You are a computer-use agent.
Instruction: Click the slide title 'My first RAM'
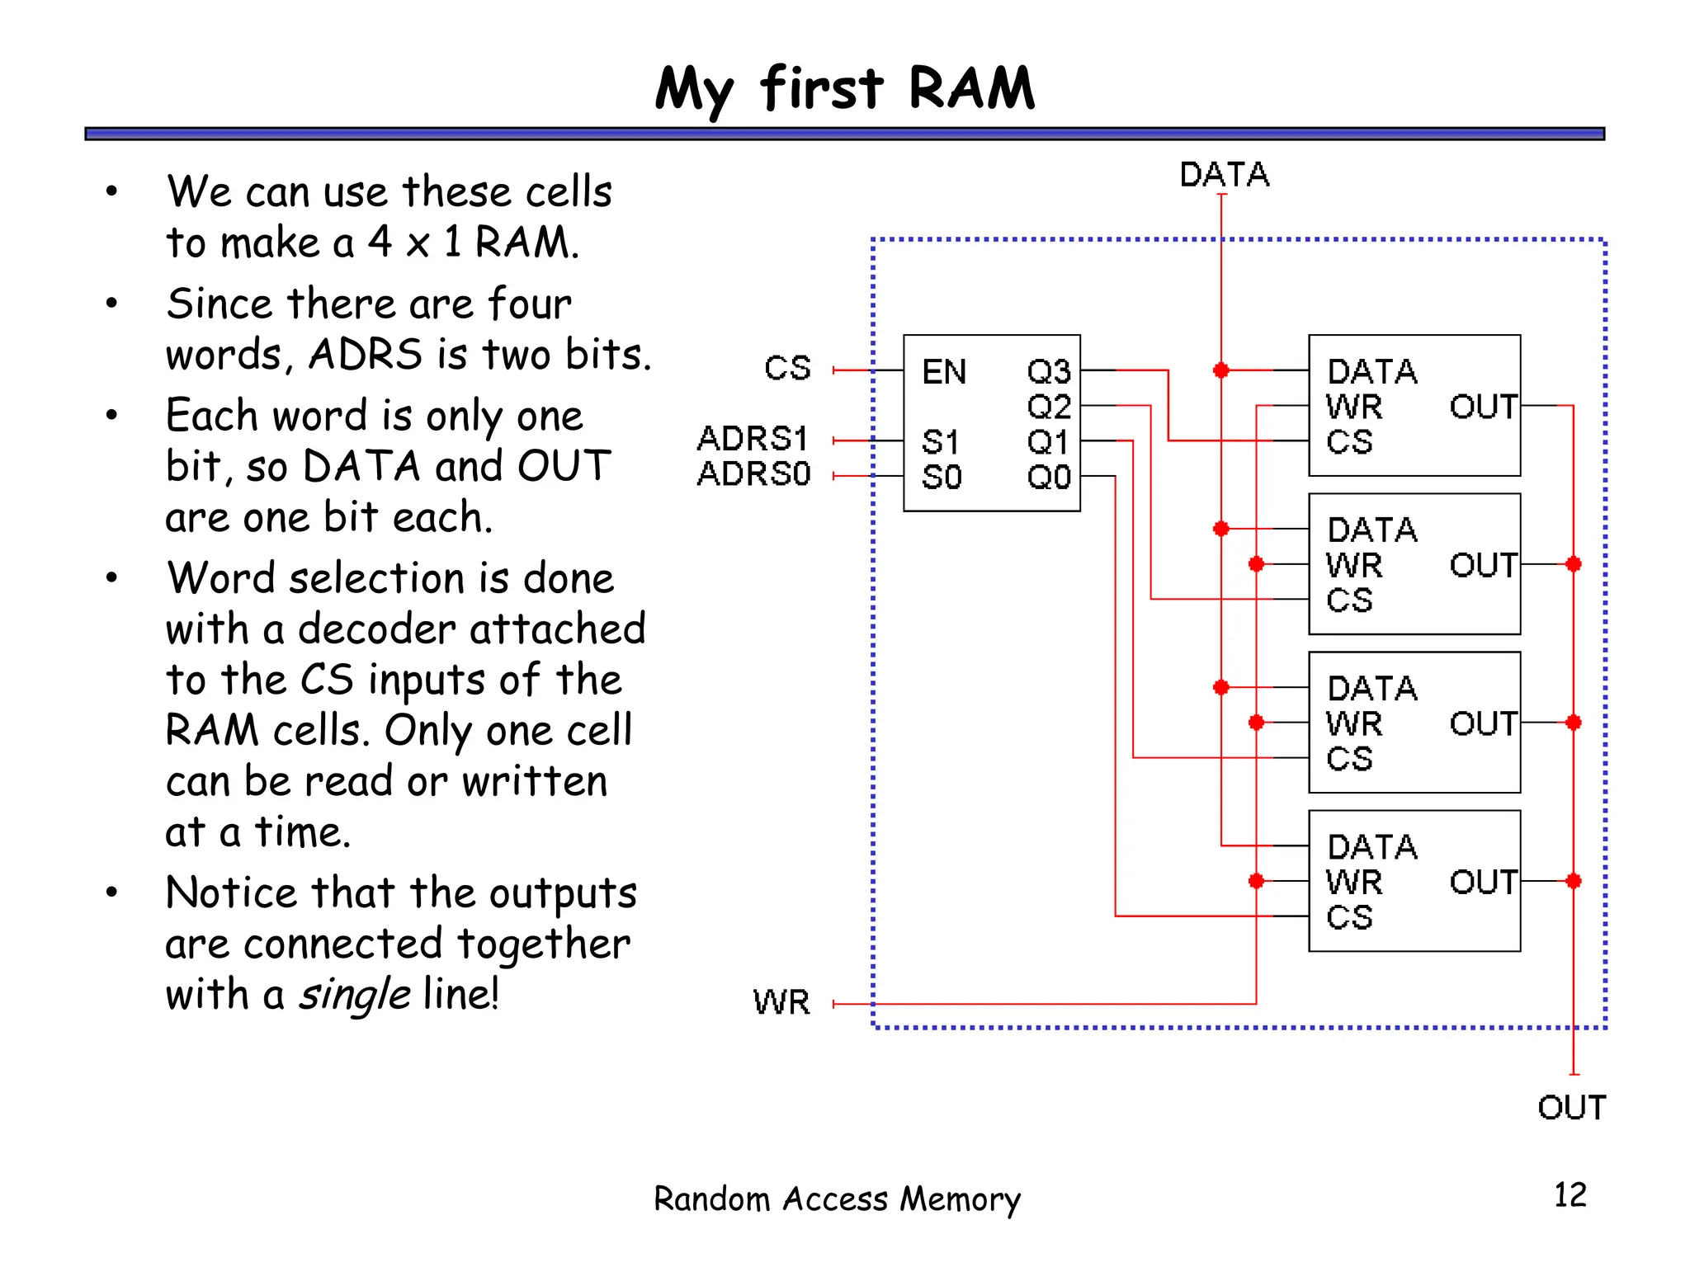pyautogui.click(x=844, y=89)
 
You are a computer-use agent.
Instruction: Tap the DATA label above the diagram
pyautogui.click(x=1224, y=175)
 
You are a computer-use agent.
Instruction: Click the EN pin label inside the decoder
pyautogui.click(x=944, y=372)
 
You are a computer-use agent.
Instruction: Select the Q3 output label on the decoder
pyautogui.click(x=1048, y=372)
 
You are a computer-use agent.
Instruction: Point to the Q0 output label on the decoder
pyautogui.click(x=1048, y=477)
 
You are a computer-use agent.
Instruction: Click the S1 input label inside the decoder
pyautogui.click(x=941, y=442)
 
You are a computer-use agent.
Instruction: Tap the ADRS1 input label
pyautogui.click(x=753, y=439)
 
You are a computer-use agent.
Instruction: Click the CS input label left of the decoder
pyautogui.click(x=787, y=369)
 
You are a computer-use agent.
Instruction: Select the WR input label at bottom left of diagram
pyautogui.click(x=781, y=1003)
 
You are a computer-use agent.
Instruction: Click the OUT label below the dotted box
pyautogui.click(x=1571, y=1108)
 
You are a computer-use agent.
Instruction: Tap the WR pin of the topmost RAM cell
pyautogui.click(x=1354, y=407)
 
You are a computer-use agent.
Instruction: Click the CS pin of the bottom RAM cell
pyautogui.click(x=1349, y=917)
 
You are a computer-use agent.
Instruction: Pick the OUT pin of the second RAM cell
pyautogui.click(x=1483, y=565)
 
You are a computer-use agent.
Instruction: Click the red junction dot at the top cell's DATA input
pyautogui.click(x=1221, y=370)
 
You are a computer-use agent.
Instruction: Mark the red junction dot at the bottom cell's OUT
pyautogui.click(x=1574, y=881)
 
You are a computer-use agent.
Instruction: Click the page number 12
pyautogui.click(x=1570, y=1195)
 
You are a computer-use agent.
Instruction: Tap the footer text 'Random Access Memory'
pyautogui.click(x=837, y=1199)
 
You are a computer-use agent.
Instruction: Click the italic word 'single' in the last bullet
pyautogui.click(x=355, y=994)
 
